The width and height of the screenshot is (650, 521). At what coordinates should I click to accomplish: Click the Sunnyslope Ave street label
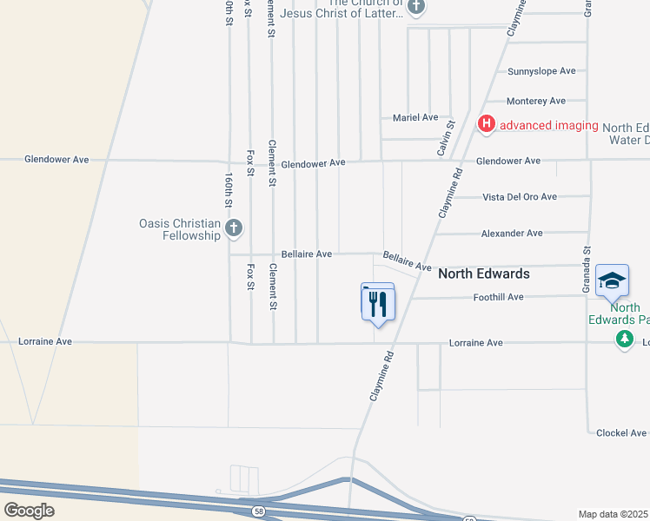point(542,70)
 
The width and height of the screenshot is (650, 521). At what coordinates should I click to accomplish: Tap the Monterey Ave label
point(536,101)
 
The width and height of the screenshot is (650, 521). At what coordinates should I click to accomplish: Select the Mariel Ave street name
point(416,117)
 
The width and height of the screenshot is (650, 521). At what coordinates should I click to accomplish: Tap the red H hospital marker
point(487,125)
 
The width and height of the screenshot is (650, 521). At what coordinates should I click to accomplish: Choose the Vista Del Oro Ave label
point(520,197)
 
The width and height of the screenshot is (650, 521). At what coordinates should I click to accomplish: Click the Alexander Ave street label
point(512,234)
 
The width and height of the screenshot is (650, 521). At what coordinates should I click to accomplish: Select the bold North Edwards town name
point(484,274)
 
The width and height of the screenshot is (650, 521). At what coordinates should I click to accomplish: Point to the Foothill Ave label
point(498,297)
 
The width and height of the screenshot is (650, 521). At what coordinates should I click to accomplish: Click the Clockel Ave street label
point(621,432)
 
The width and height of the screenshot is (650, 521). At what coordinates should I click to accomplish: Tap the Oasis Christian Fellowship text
point(180,229)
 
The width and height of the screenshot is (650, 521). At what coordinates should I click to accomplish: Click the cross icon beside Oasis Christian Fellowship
point(233,229)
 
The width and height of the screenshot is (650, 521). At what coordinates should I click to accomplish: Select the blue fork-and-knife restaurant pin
point(378,303)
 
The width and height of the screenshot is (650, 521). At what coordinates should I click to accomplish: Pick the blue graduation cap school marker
point(613,280)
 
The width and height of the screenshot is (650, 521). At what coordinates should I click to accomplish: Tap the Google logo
point(29,511)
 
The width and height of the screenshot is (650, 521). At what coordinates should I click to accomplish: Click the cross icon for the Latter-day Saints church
point(416,7)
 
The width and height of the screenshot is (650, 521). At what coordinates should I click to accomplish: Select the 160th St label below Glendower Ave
point(229,189)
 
